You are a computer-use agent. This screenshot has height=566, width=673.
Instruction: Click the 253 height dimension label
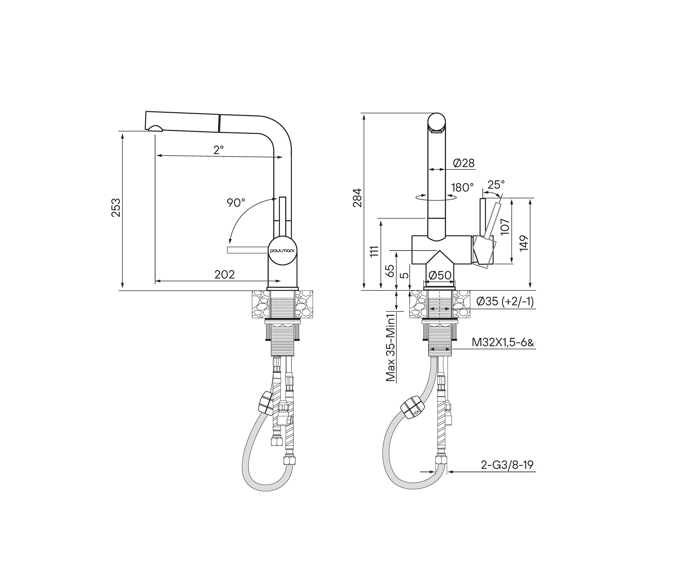[x=116, y=208]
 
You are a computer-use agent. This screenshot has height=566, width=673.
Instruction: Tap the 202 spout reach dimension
[x=224, y=274]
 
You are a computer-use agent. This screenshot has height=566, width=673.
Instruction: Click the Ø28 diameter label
[x=464, y=163]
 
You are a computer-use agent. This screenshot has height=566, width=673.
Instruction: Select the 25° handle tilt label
[x=496, y=184]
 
